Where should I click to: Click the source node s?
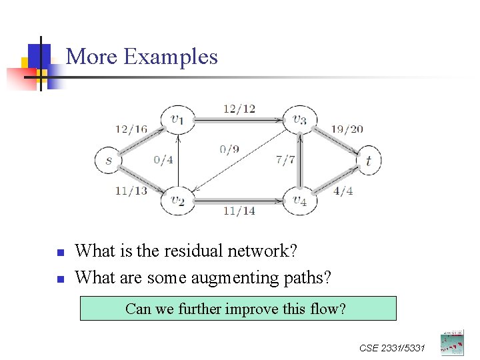pos(109,160)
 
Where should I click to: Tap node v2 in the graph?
pos(177,199)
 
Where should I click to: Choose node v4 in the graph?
pos(299,199)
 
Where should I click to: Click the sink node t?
pos(368,160)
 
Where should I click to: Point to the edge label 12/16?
pos(131,129)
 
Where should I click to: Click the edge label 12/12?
pos(239,109)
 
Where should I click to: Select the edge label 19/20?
pos(347,129)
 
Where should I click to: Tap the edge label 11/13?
pos(131,191)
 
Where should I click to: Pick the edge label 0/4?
pos(163,159)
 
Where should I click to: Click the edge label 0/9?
pos(229,149)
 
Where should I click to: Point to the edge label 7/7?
pos(285,160)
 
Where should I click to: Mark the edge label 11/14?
pos(239,211)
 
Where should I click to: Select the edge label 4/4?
pos(343,191)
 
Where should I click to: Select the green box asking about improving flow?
pos(238,309)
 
